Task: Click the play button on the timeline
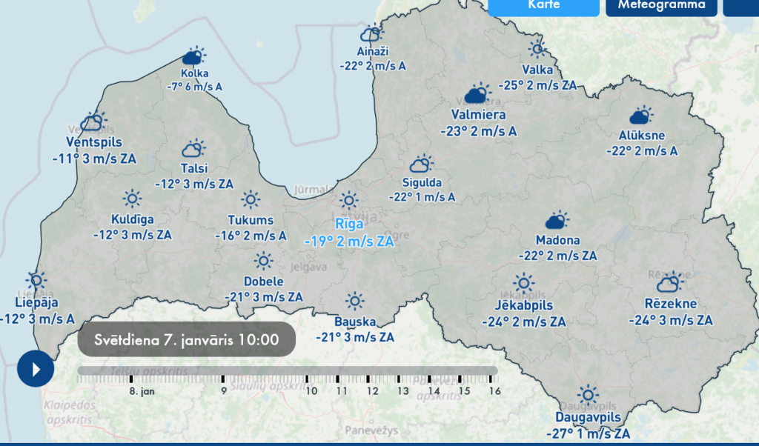coord(36,367)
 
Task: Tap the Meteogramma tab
coord(661,6)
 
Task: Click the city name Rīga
coord(349,224)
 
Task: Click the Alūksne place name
coord(642,135)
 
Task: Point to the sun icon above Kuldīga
coord(132,199)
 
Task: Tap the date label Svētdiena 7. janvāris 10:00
coord(186,340)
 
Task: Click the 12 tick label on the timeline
coord(372,390)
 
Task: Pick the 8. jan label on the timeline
coord(142,390)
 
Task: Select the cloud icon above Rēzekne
coord(670,282)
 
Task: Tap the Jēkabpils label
coord(523,305)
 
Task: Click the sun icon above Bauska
coord(355,301)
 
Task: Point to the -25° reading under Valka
coord(511,85)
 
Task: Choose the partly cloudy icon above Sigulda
coord(422,164)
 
